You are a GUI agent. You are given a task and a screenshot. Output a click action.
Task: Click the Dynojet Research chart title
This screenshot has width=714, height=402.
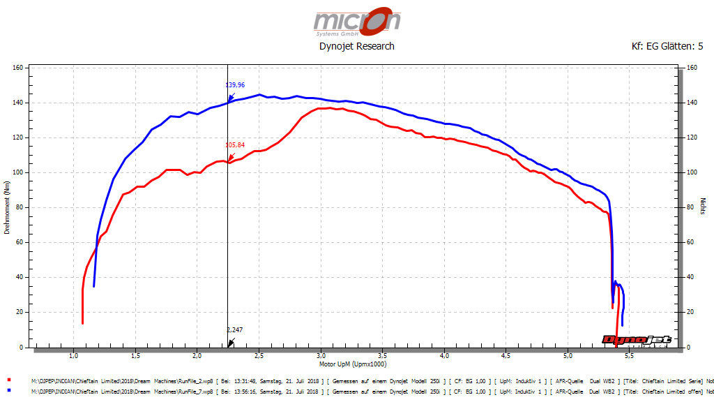pyautogui.click(x=356, y=46)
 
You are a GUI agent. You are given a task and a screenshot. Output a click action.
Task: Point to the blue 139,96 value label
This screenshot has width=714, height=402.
pyautogui.click(x=235, y=85)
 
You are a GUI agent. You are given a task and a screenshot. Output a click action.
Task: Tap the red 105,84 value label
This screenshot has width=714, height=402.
pyautogui.click(x=235, y=145)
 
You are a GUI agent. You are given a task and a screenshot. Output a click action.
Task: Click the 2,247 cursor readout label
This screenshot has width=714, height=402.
pyautogui.click(x=235, y=329)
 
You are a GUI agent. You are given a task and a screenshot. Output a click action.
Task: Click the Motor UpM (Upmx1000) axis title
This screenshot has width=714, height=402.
pyautogui.click(x=352, y=364)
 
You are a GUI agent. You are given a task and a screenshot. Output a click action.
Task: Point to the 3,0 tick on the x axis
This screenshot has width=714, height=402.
pyautogui.click(x=320, y=356)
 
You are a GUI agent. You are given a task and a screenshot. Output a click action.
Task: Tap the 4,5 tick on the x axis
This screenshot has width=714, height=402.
pyautogui.click(x=506, y=356)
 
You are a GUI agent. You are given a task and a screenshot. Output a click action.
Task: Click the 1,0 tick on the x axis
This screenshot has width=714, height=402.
pyautogui.click(x=73, y=356)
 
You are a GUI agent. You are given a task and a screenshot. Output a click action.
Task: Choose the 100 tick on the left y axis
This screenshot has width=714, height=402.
pyautogui.click(x=19, y=172)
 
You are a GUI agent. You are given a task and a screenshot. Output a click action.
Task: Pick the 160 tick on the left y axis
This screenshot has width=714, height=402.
pyautogui.click(x=19, y=68)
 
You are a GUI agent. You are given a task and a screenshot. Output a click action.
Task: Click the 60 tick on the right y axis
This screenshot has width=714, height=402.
pyautogui.click(x=690, y=242)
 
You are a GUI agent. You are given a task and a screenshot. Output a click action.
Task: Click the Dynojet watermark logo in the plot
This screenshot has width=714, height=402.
pyautogui.click(x=637, y=340)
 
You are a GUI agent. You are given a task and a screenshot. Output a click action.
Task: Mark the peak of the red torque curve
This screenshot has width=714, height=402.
pyautogui.click(x=325, y=108)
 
